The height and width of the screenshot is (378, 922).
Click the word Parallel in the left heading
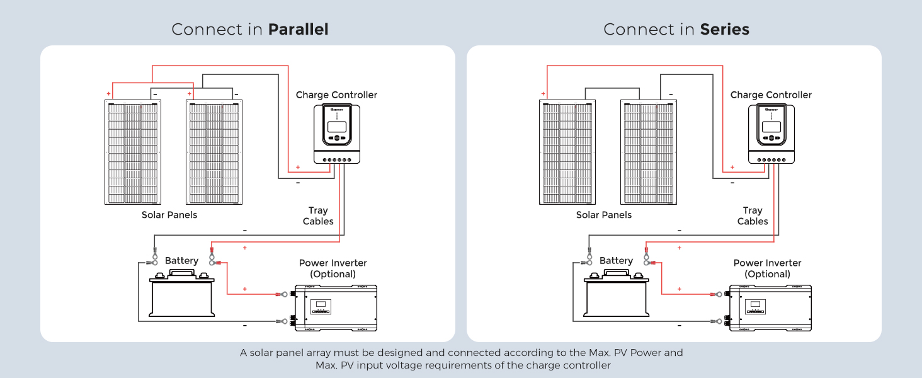[298, 30]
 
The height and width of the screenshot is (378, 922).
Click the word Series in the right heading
[724, 30]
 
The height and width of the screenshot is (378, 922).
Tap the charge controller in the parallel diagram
[337, 134]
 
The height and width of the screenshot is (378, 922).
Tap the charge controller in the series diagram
[771, 134]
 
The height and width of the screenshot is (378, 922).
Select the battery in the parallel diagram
[182, 295]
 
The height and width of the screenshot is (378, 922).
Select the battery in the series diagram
[617, 295]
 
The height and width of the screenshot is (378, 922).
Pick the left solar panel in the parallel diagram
[132, 152]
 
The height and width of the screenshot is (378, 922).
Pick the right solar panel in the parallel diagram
[214, 152]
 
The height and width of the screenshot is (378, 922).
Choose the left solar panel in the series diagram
[567, 152]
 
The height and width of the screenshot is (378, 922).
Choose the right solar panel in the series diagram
[649, 152]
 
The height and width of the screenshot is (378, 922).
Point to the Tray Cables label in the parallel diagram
[318, 216]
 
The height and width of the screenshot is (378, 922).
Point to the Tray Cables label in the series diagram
[753, 216]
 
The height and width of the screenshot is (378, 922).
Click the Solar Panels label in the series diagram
[604, 215]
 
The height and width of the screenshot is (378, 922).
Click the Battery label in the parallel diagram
[181, 261]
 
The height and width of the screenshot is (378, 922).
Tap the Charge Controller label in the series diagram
[771, 95]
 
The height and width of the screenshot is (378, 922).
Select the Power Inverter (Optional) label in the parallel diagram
[333, 268]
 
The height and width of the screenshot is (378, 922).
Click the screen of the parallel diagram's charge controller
[338, 127]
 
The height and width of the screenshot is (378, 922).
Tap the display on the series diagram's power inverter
[754, 307]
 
